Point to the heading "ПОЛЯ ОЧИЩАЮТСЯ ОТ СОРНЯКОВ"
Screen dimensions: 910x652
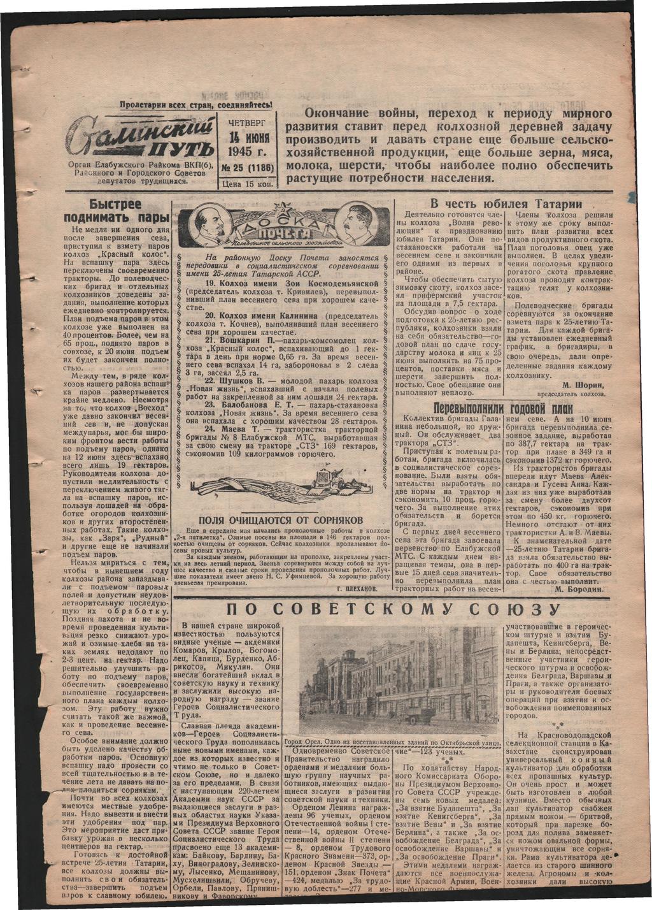click(281, 520)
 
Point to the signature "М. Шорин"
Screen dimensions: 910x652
click(583, 386)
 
